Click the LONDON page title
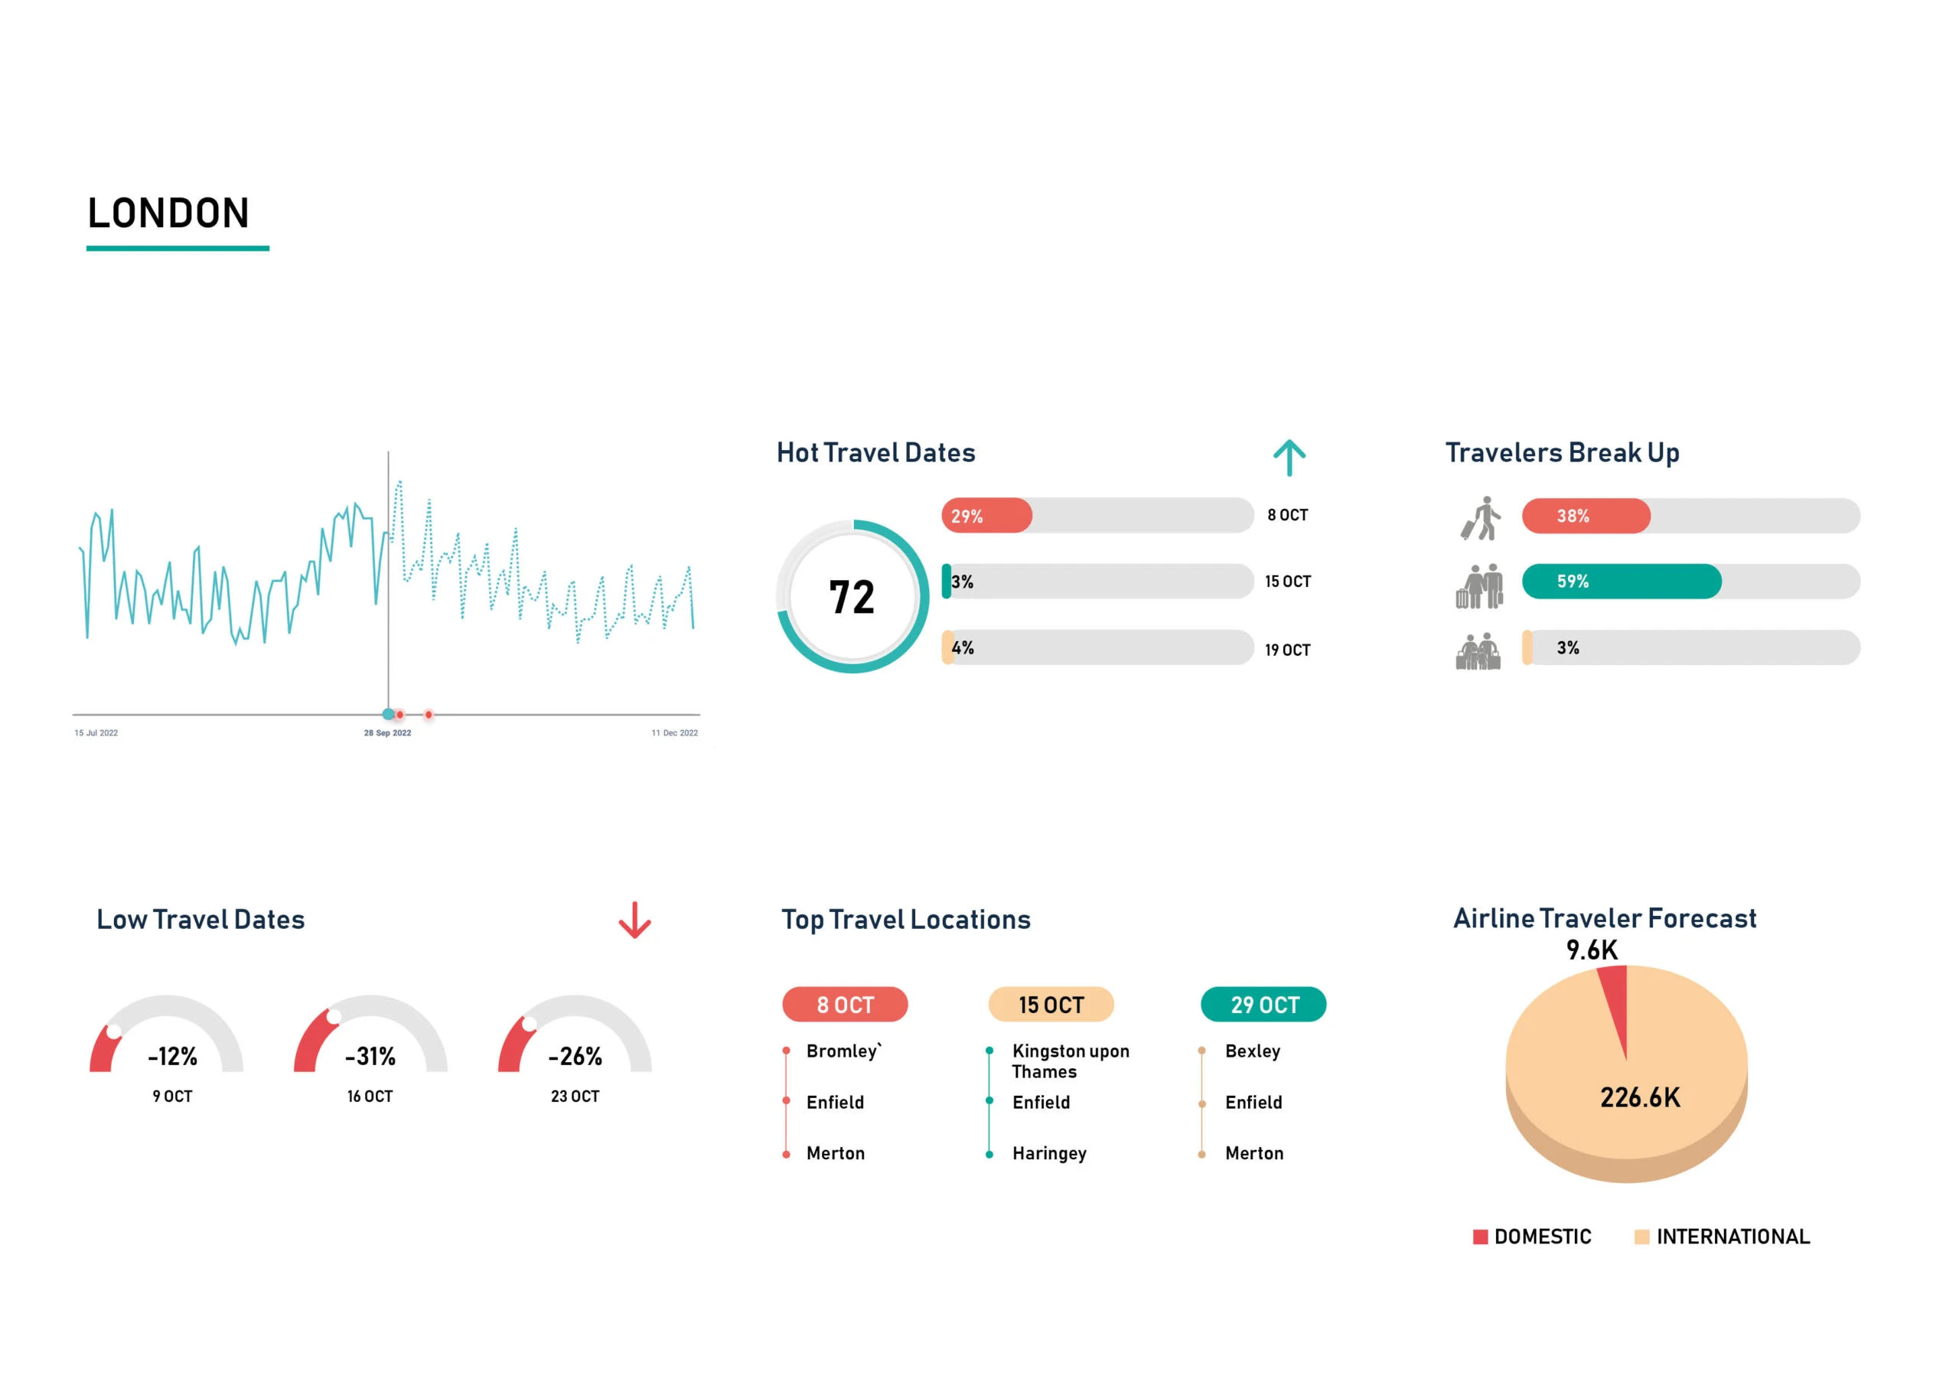coord(168,213)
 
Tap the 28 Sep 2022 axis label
coord(387,733)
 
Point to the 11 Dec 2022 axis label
coord(674,733)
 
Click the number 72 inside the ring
coord(852,598)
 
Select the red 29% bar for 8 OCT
coord(986,517)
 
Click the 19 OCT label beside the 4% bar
coord(1286,650)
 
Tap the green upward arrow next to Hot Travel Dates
coord(1289,458)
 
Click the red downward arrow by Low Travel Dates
coord(634,921)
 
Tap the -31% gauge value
coord(370,1057)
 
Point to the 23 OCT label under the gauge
coord(574,1097)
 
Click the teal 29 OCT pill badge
coord(1263,1005)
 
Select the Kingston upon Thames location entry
coord(1070,1061)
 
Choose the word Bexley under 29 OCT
coord(1252,1051)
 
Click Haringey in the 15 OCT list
coord(1048,1154)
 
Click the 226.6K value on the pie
coord(1639,1098)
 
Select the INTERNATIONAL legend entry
coord(1731,1237)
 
